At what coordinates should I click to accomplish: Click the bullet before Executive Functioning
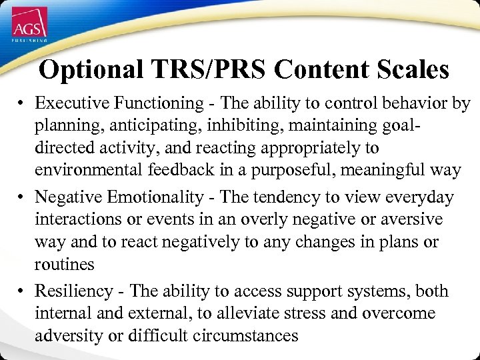point(22,104)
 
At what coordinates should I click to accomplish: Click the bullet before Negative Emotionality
point(22,198)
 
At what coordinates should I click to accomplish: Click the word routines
point(65,265)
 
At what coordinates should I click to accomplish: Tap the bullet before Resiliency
point(22,292)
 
